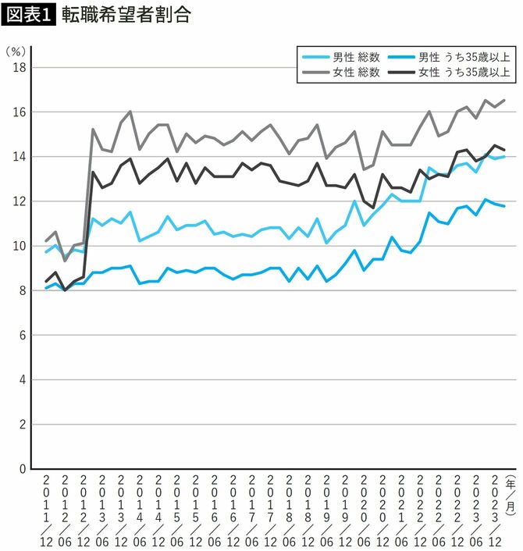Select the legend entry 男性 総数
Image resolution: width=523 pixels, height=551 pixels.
click(x=342, y=57)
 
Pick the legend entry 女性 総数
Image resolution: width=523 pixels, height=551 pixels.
click(x=342, y=73)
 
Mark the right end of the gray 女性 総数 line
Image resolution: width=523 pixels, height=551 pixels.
click(x=504, y=100)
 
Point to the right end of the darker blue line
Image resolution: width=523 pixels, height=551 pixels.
click(x=504, y=206)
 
